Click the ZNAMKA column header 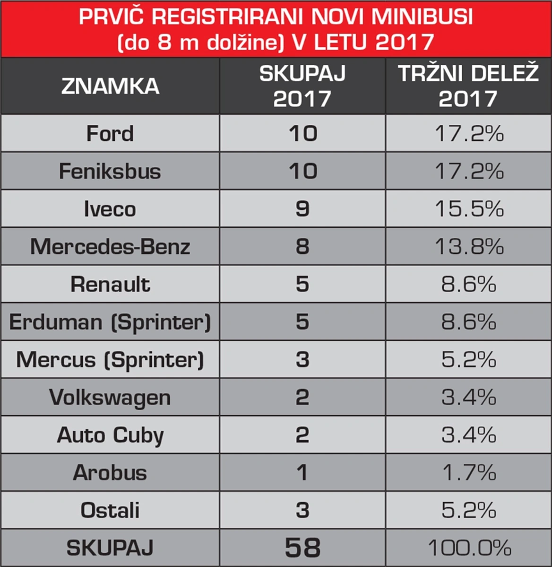click(x=110, y=86)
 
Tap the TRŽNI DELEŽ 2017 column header click(x=468, y=86)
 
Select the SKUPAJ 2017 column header click(x=302, y=86)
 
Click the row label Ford click(x=110, y=133)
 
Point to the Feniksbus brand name click(x=110, y=171)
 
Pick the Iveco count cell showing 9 click(x=302, y=209)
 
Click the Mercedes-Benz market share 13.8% click(x=469, y=246)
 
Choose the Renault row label click(x=111, y=284)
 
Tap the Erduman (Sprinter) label click(x=110, y=323)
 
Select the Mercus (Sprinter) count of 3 click(x=302, y=359)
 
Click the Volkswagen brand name click(x=110, y=398)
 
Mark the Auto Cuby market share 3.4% click(x=469, y=435)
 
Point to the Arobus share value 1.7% click(x=469, y=472)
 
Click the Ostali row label click(x=110, y=510)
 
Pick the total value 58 click(x=303, y=548)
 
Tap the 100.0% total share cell click(x=469, y=548)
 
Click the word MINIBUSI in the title click(x=422, y=17)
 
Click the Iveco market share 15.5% click(x=469, y=209)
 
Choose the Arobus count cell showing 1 click(x=302, y=472)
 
